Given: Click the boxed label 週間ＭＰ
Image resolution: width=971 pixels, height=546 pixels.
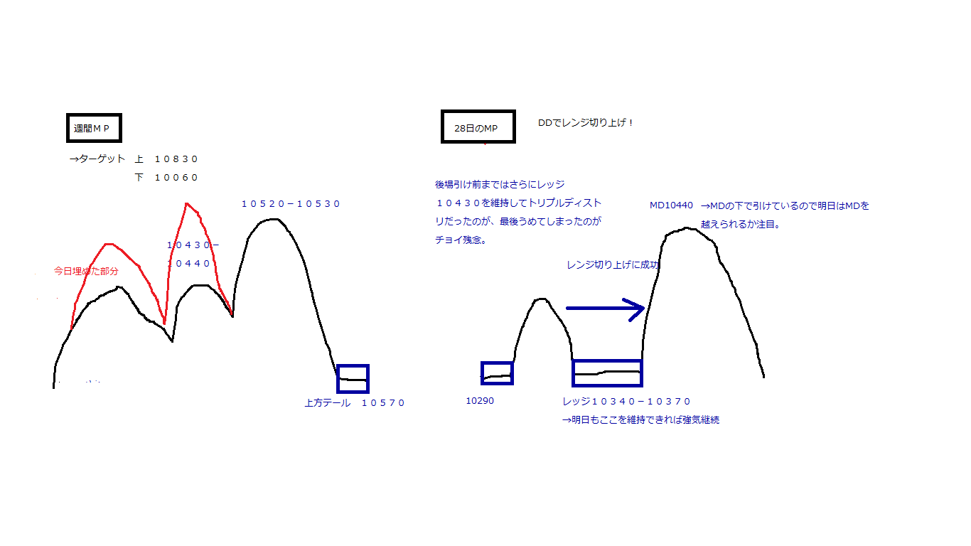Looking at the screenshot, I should (x=92, y=129).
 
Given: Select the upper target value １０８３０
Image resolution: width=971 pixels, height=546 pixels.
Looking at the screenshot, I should (x=176, y=159).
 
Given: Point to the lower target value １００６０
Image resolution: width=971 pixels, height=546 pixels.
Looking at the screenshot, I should (x=176, y=178).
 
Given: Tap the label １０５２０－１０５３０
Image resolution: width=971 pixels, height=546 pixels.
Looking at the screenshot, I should (x=291, y=204).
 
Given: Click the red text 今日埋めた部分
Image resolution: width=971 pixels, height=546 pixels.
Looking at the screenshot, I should (x=86, y=271).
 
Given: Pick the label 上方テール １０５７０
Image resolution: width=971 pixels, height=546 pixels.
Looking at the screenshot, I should (x=354, y=403).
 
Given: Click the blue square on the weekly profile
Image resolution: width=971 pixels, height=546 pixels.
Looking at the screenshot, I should (x=353, y=379).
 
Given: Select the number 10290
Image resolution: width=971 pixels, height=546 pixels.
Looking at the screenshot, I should (x=480, y=401).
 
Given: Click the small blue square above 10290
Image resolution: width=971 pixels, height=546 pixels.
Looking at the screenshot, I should (x=497, y=373).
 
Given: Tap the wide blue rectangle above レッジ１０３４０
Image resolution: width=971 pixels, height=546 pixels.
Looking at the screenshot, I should (x=607, y=373).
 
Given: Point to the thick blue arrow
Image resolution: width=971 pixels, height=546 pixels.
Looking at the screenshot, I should (x=604, y=309).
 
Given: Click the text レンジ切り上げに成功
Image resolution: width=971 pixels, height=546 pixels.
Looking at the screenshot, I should (x=613, y=265).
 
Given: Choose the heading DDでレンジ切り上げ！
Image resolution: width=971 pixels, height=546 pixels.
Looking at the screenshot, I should (x=586, y=123).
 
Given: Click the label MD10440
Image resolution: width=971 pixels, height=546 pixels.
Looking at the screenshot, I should (x=671, y=206).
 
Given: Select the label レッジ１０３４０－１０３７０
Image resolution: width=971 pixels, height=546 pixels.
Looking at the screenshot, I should (x=626, y=402).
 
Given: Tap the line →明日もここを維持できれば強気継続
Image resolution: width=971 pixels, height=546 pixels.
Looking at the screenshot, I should (x=640, y=420).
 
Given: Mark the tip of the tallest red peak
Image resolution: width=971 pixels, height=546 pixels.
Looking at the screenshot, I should (x=187, y=204).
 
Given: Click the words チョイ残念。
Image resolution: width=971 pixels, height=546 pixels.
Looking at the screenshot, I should (x=461, y=240).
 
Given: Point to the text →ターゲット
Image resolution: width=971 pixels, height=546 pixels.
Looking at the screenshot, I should (x=97, y=159).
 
